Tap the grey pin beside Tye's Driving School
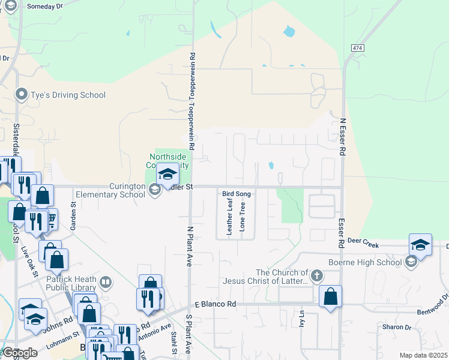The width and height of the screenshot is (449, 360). point(22,94)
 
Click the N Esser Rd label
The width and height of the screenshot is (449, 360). point(343,136)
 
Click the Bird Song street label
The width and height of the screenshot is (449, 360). point(236,194)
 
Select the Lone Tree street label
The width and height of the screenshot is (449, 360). point(243,217)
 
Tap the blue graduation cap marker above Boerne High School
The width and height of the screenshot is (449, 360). point(420,245)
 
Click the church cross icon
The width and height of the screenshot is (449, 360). point(316,276)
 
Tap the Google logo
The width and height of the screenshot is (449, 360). point(19,353)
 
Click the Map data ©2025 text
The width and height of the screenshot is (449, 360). point(423,355)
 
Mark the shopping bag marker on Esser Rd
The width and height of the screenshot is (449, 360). point(331,296)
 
